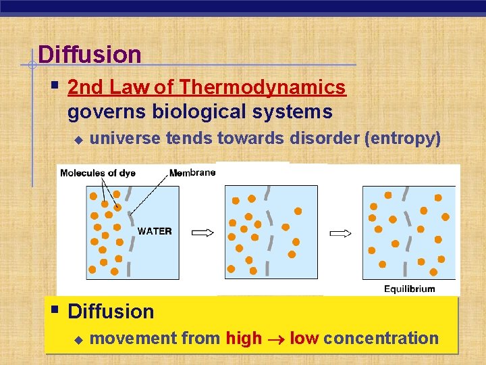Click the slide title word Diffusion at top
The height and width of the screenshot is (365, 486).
[x=90, y=54]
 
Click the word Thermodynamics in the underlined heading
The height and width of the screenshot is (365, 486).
[x=263, y=88]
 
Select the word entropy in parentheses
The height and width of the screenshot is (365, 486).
[x=402, y=139]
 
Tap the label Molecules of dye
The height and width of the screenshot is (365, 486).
[x=98, y=173]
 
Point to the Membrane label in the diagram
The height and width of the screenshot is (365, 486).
[x=192, y=173]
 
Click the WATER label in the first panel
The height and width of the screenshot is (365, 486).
[x=155, y=231]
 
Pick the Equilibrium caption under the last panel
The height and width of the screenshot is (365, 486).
[x=410, y=289]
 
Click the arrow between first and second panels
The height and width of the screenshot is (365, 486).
[x=203, y=233]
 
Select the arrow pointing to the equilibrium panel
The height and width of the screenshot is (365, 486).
[x=340, y=233]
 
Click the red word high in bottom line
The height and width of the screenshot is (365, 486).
[x=244, y=339]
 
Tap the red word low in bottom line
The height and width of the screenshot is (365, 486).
[x=304, y=339]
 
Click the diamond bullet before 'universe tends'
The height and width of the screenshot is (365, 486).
[x=78, y=139]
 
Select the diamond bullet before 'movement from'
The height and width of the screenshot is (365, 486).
[x=78, y=339]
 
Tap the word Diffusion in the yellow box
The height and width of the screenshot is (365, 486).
[x=111, y=312]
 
